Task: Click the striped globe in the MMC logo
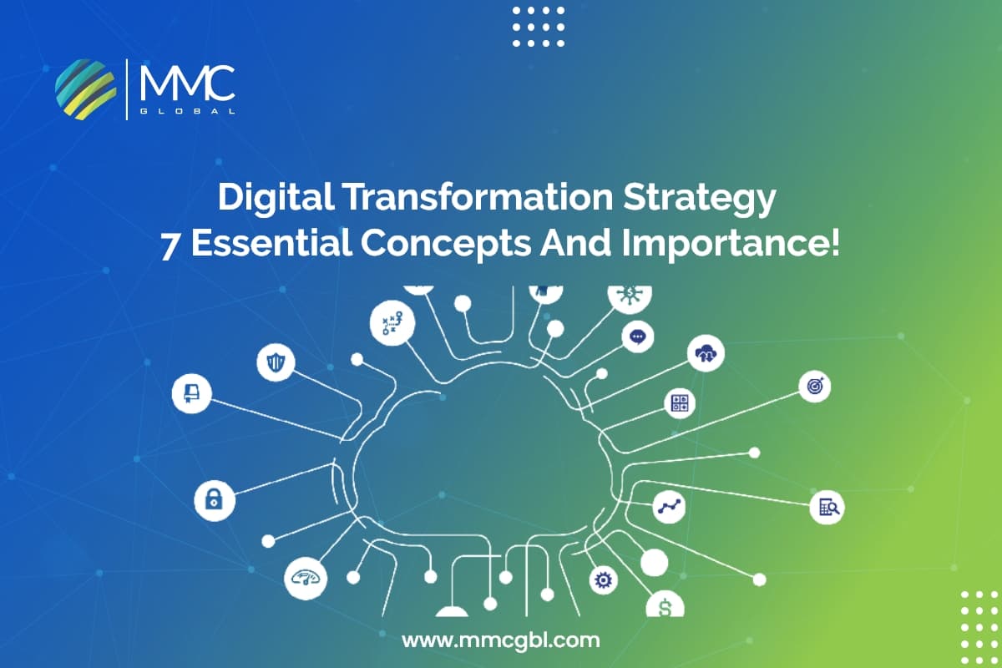[85, 88]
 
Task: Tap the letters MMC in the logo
[187, 83]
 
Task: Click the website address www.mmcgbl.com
[501, 641]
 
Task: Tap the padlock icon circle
[215, 499]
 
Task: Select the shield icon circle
[276, 362]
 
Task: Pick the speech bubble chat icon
[638, 337]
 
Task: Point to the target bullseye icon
[814, 386]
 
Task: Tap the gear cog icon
[602, 579]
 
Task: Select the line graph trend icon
[669, 506]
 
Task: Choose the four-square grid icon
[680, 403]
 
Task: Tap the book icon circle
[191, 392]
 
